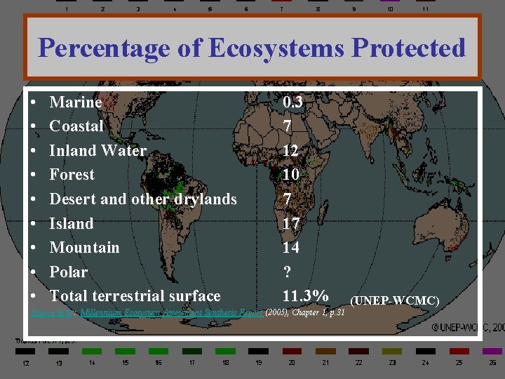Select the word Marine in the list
point(76,102)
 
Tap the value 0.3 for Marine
point(293,102)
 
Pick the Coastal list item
point(76,126)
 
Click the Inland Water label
point(98,151)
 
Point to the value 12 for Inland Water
point(290,151)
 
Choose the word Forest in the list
point(72,175)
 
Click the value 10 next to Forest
point(290,175)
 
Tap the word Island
point(72,224)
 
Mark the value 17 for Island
point(290,224)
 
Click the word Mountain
point(84,248)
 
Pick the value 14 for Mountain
point(290,248)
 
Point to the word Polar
point(69,272)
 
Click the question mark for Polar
point(286,272)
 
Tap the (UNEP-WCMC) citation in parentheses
point(394,301)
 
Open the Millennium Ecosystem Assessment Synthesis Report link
point(171,312)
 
